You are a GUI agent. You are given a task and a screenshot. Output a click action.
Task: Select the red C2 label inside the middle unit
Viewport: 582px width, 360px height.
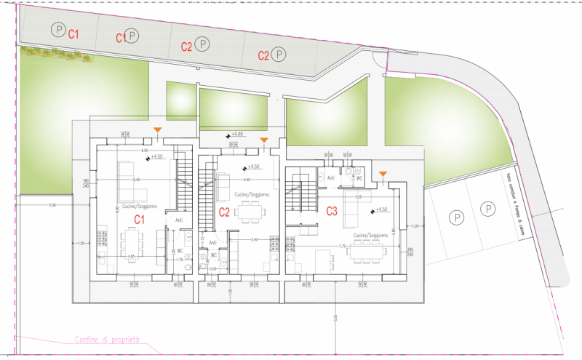224,212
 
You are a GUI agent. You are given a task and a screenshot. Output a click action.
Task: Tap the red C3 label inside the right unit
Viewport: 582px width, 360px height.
332,212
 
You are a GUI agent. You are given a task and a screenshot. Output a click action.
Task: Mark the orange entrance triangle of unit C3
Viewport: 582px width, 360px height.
383,173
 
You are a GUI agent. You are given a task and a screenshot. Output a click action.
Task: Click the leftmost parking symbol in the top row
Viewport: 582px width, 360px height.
57,30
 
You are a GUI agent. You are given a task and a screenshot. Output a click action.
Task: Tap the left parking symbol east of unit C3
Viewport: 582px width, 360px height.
456,217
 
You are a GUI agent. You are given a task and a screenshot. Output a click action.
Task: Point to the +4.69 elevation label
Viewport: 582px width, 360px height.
235,135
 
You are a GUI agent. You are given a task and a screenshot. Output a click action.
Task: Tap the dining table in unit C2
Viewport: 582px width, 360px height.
250,212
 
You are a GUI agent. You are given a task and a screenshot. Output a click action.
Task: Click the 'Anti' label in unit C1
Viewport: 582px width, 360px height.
179,220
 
